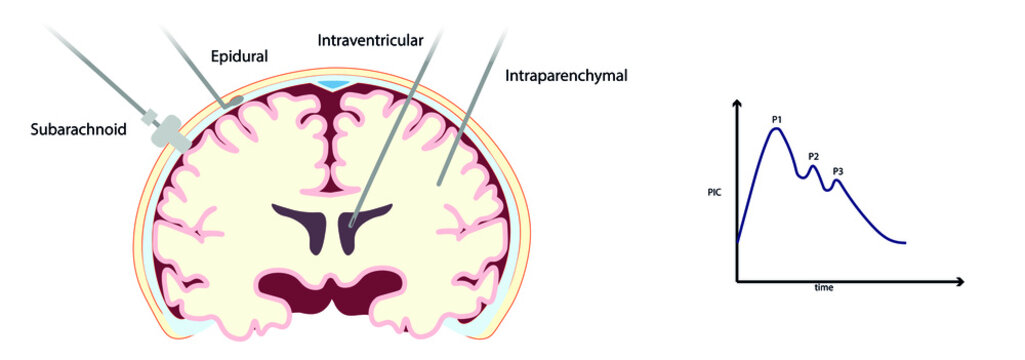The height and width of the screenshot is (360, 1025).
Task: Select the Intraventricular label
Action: click(x=369, y=41)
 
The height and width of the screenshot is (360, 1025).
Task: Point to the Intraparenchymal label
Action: click(x=565, y=75)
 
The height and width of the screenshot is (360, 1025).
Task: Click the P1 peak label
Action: click(x=776, y=120)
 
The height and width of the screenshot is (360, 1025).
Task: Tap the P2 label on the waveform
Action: click(x=813, y=157)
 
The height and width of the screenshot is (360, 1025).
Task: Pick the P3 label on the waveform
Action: click(x=838, y=172)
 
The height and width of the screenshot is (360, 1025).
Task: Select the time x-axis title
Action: click(x=823, y=288)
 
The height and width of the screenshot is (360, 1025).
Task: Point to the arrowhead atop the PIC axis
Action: click(x=737, y=104)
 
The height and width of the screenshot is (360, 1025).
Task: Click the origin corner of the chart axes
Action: click(x=737, y=281)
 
